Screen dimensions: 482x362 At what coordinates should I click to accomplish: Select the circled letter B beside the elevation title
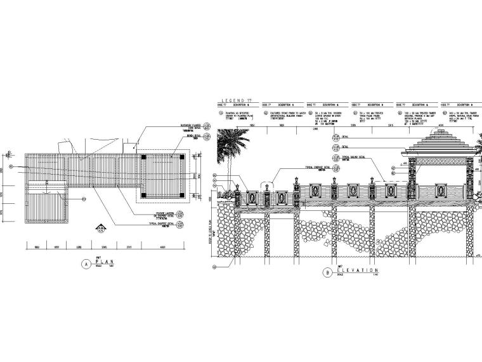pyautogui.click(x=327, y=272)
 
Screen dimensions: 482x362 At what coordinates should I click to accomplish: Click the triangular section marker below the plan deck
pyautogui.click(x=101, y=226)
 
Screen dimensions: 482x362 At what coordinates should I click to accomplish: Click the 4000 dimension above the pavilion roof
pyautogui.click(x=441, y=126)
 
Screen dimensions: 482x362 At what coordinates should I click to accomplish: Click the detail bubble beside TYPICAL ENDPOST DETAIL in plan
pyautogui.click(x=183, y=225)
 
